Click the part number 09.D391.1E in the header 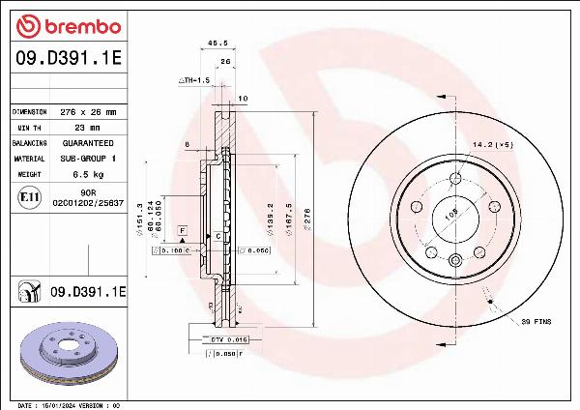pos(66,58)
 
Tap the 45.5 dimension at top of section pos(217,43)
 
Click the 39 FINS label pos(536,320)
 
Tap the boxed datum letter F pos(182,229)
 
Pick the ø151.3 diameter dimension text pos(141,218)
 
